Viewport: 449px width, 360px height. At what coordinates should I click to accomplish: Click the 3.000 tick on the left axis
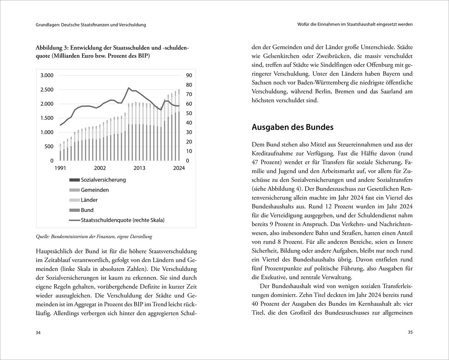pyautogui.click(x=47, y=75)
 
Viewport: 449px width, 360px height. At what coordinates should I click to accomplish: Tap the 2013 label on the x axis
pyautogui.click(x=140, y=168)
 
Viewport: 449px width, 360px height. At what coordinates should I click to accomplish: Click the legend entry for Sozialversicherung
pyautogui.click(x=103, y=180)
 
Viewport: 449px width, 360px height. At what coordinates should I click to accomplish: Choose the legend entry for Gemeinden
pyautogui.click(x=95, y=190)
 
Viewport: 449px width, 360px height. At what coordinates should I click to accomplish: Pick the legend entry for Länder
pyautogui.click(x=89, y=200)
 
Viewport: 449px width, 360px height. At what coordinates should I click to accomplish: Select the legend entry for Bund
pyautogui.click(x=87, y=210)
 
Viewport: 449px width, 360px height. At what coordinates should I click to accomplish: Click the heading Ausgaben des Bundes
pyautogui.click(x=292, y=127)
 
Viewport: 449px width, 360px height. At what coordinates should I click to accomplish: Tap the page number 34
pyautogui.click(x=39, y=333)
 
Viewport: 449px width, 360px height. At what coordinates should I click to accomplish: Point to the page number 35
pyautogui.click(x=410, y=333)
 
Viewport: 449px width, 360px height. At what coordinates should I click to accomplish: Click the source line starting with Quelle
pyautogui.click(x=94, y=237)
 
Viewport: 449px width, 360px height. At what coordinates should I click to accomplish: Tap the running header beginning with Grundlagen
pyautogui.click(x=91, y=25)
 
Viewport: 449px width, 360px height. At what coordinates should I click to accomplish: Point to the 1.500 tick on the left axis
pyautogui.click(x=47, y=118)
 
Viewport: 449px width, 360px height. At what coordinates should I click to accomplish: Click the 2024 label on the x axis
pyautogui.click(x=179, y=168)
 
